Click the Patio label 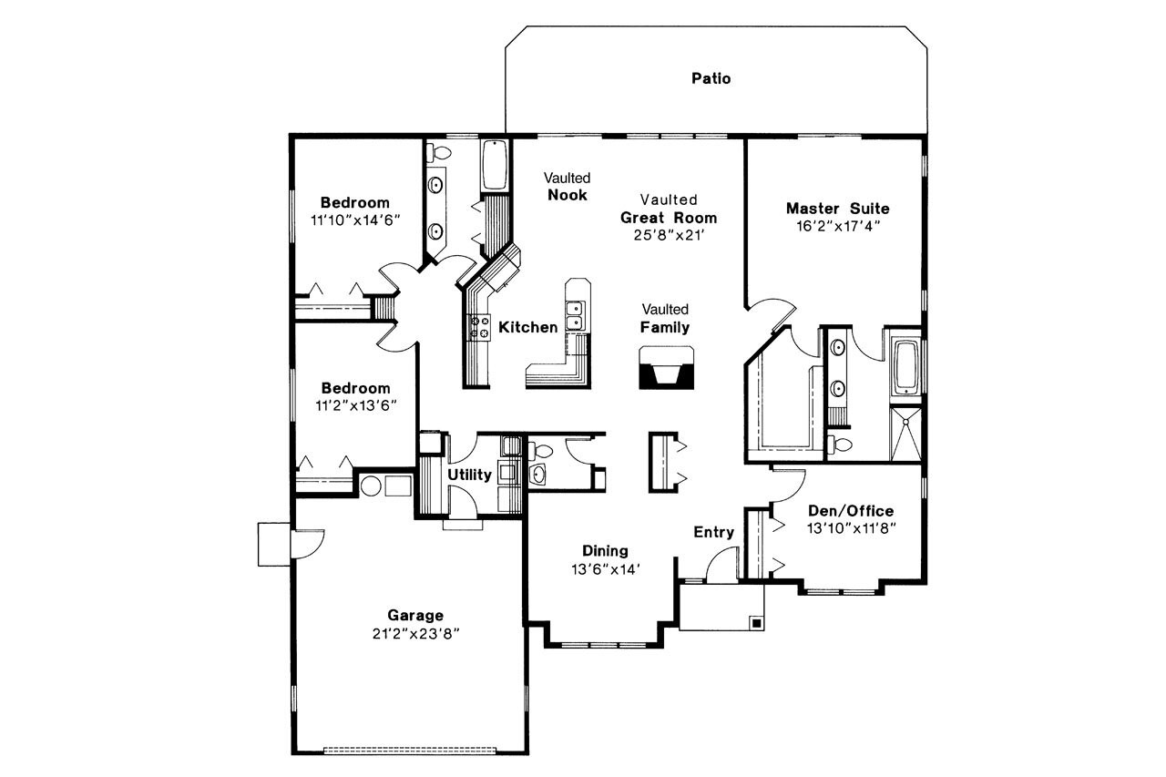(711, 78)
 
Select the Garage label (414, 615)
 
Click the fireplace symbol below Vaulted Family (662, 369)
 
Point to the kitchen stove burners (478, 328)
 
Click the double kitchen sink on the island (575, 316)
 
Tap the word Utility (469, 475)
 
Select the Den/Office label (850, 511)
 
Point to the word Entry (713, 532)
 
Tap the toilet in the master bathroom (841, 444)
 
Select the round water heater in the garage (371, 486)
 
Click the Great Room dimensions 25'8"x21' (669, 234)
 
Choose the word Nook (568, 195)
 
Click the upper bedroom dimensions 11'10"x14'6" (355, 220)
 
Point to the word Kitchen (527, 327)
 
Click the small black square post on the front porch (755, 623)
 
